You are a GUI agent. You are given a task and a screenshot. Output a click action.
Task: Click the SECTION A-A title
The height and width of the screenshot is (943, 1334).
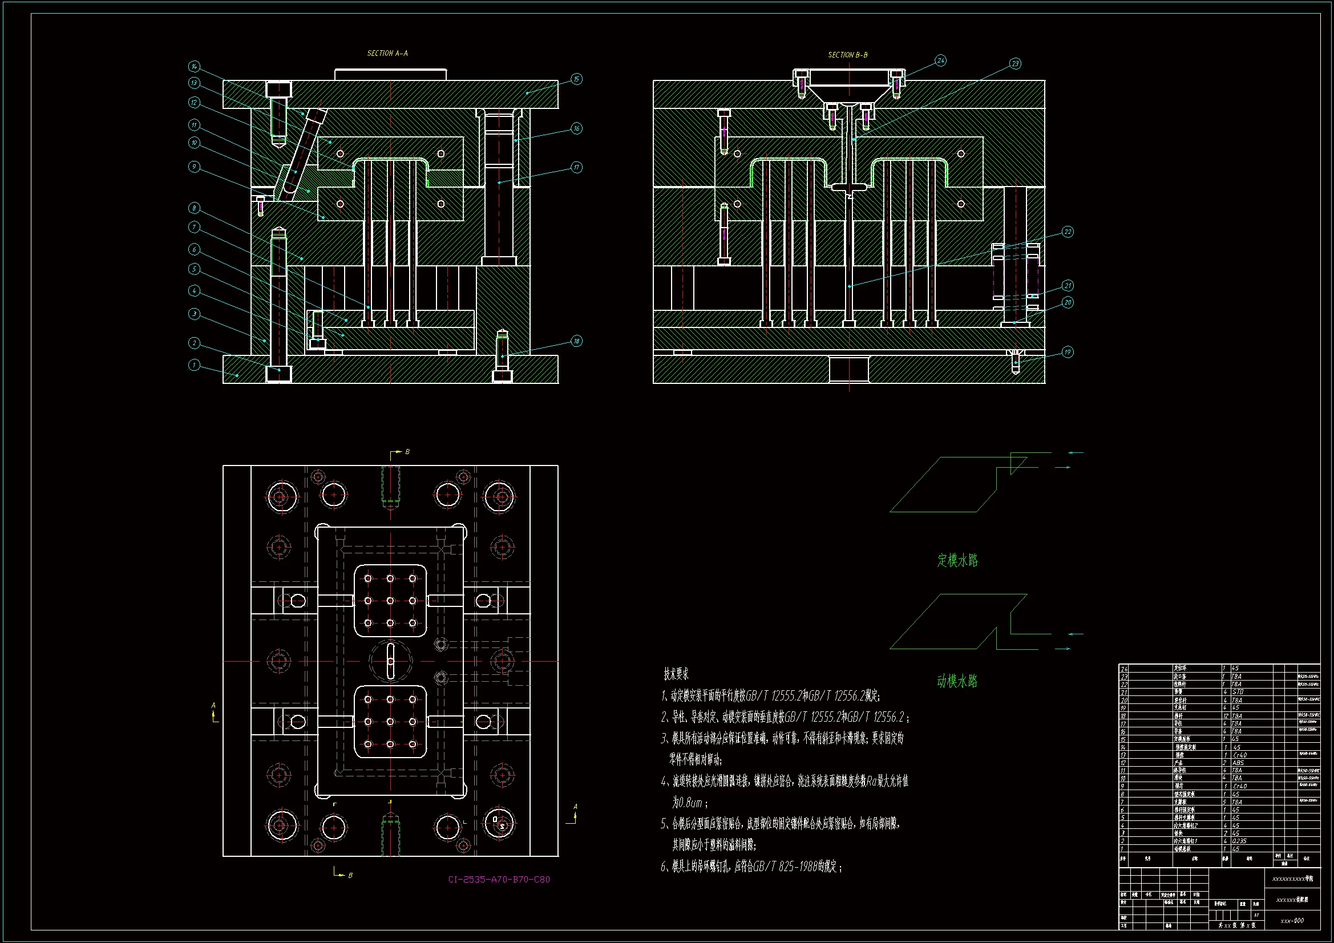click(387, 54)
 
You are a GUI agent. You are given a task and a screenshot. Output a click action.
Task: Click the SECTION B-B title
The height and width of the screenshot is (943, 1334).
click(847, 55)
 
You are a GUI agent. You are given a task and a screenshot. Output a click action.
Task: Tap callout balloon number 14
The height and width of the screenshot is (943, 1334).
click(194, 66)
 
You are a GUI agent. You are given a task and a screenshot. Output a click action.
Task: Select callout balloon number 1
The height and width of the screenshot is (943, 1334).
click(194, 365)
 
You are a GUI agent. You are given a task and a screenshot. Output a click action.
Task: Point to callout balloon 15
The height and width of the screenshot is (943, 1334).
click(576, 79)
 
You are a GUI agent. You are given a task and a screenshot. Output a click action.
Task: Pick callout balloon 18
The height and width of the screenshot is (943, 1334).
click(576, 341)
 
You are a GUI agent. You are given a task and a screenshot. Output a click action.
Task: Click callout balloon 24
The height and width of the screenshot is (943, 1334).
click(940, 60)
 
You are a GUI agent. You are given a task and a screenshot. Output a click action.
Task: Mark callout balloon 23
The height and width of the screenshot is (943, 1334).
click(1014, 63)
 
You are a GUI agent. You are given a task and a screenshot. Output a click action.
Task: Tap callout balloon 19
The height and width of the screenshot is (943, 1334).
click(1068, 352)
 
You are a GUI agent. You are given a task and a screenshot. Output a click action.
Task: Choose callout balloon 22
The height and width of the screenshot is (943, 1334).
click(1068, 232)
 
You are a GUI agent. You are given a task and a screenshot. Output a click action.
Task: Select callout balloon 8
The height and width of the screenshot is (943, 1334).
click(194, 208)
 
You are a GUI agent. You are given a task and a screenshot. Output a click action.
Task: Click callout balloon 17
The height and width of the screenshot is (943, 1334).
click(576, 167)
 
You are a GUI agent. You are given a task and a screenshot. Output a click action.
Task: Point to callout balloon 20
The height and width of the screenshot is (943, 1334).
click(1068, 302)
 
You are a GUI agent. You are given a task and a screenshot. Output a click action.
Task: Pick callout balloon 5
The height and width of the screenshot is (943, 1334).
click(194, 269)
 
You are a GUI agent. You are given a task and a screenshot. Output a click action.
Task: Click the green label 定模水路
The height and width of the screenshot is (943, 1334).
click(957, 560)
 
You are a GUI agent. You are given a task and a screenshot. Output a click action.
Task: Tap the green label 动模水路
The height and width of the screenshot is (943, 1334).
click(957, 681)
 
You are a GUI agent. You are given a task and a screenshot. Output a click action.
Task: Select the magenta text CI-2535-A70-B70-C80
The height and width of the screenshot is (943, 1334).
click(499, 879)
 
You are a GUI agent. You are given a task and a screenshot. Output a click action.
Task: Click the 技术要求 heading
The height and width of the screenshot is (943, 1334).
click(676, 674)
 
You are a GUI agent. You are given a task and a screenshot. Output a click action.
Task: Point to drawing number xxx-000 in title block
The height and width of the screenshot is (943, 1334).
click(1292, 921)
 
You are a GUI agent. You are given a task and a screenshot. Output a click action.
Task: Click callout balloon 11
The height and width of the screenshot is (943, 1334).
click(194, 125)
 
